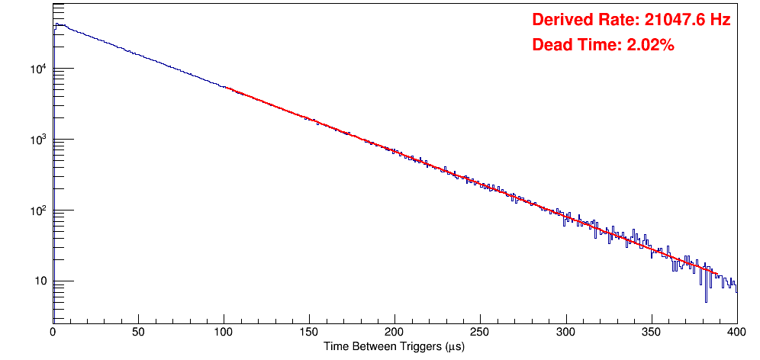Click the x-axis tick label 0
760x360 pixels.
tap(53, 333)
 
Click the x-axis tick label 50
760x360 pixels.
tap(138, 333)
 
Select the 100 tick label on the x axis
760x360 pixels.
tap(224, 333)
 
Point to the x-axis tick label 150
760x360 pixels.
tap(309, 333)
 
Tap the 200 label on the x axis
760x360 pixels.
tap(394, 333)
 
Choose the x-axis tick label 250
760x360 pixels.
tap(480, 333)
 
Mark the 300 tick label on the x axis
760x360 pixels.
tap(565, 333)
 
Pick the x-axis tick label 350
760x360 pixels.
tap(651, 333)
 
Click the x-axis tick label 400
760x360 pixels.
tap(736, 333)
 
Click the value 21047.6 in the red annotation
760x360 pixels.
tap(671, 20)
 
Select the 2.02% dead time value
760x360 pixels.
tap(650, 45)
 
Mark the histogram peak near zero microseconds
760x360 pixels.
tap(56, 24)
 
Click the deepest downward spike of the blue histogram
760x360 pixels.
tap(706, 301)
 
